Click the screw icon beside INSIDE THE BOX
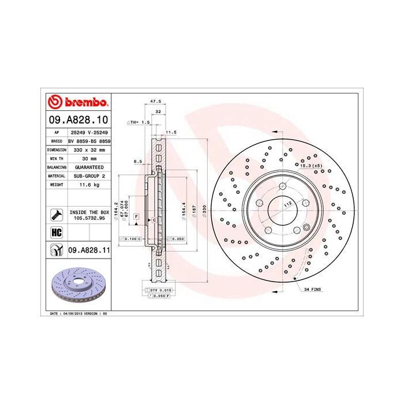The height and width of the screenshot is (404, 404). point(57,215)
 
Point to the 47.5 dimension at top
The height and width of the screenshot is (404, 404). point(155,102)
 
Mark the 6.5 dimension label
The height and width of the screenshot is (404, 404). point(138,161)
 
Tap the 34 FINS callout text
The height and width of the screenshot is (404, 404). point(315,289)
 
